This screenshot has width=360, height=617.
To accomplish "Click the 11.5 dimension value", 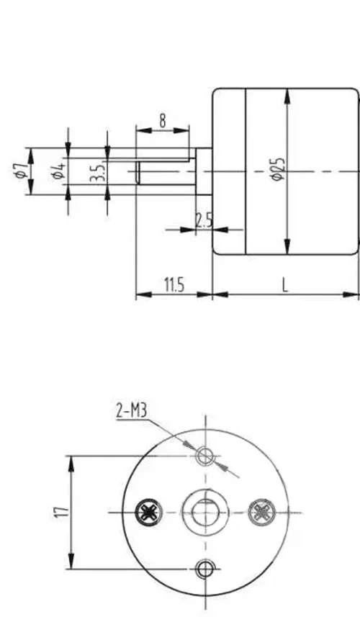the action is coord(174,284).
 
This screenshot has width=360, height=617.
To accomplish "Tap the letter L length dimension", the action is coord(286,284).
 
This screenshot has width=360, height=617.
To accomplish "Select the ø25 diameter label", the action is coord(278,169).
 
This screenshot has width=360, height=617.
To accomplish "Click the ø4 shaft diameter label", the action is coord(58,171).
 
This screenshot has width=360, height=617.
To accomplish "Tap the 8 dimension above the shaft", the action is coord(163,120).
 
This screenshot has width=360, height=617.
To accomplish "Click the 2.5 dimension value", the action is coord(204,220).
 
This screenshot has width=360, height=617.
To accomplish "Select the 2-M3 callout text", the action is coord(132,411).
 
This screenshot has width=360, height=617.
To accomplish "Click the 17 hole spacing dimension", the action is coord(62,512).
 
